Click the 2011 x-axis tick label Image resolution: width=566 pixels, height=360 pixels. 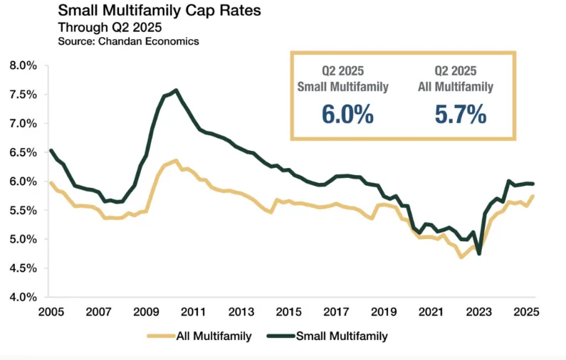click(194, 312)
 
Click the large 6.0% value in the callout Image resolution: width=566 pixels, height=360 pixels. click(347, 114)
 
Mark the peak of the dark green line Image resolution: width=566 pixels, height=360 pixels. click(175, 90)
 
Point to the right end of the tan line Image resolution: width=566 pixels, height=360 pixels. click(533, 196)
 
